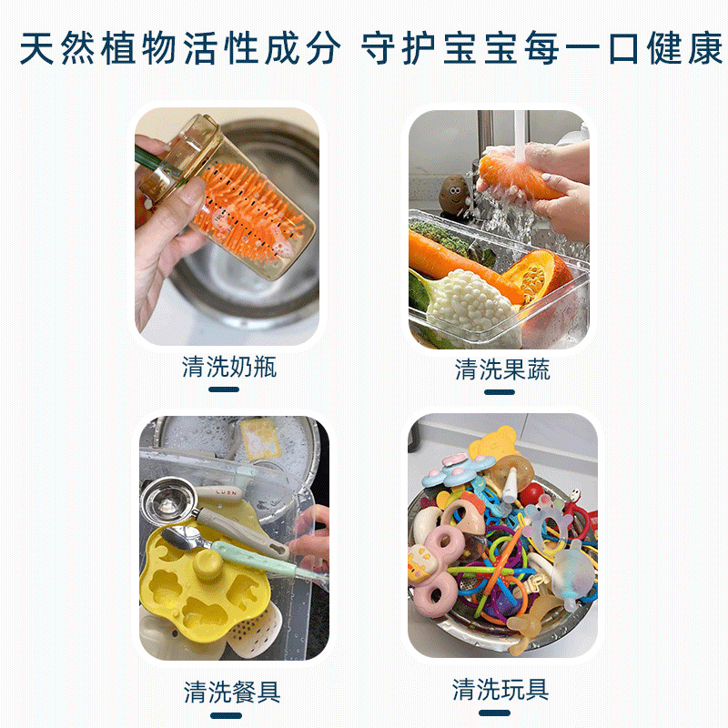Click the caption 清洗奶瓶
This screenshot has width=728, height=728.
coord(229,367)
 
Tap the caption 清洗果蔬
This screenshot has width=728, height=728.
coord(502,369)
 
